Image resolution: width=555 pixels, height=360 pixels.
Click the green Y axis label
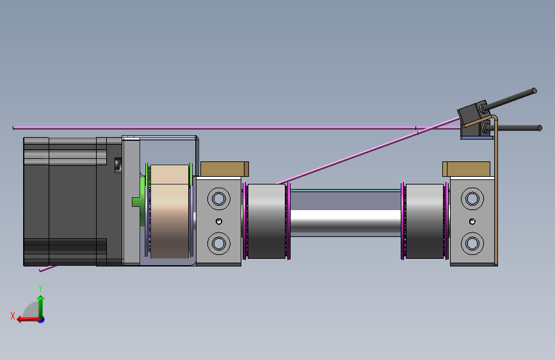click(x=40, y=288)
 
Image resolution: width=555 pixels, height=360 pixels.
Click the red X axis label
click(x=13, y=316)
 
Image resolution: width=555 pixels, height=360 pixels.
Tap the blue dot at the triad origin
click(x=42, y=320)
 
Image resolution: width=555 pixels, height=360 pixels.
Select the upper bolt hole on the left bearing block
click(x=219, y=199)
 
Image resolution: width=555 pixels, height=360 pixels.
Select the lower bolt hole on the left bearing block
click(x=219, y=243)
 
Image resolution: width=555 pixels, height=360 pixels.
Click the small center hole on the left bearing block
click(x=219, y=222)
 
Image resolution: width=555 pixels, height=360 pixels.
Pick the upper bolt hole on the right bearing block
click(x=472, y=199)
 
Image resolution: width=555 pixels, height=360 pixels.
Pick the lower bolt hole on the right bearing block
click(x=472, y=243)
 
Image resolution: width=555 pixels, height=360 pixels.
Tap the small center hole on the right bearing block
click(x=472, y=222)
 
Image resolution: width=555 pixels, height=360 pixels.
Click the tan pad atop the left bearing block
click(x=225, y=169)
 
